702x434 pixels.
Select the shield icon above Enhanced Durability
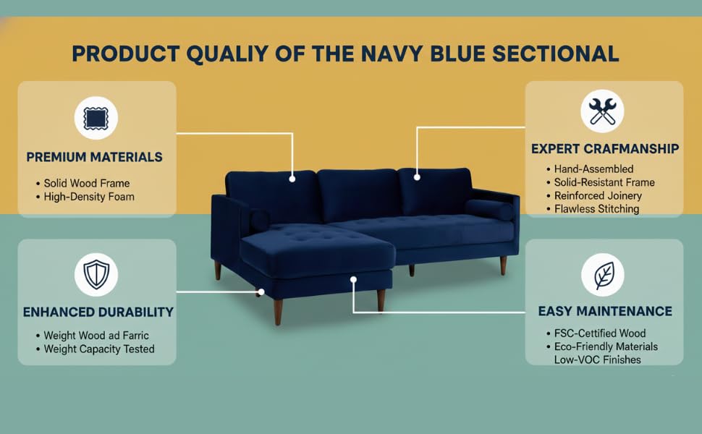point(96,275)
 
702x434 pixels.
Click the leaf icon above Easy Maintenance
point(602,275)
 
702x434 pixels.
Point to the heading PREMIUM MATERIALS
point(94,157)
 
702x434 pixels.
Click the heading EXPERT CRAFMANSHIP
point(605,149)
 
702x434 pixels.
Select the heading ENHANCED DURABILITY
point(98,312)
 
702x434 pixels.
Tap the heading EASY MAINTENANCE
point(605,311)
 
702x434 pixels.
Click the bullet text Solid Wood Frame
point(86,184)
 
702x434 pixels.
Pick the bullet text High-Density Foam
point(89,197)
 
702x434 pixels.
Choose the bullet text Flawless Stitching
point(596,209)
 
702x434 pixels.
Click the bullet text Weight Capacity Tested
point(99,349)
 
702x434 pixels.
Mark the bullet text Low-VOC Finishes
point(597,359)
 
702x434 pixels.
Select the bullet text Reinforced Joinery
point(598,196)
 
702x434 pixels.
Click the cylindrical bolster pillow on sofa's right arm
point(489,209)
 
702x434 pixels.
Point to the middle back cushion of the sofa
point(358,194)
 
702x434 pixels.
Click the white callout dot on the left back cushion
point(292,178)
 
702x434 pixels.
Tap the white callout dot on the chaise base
point(353,278)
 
